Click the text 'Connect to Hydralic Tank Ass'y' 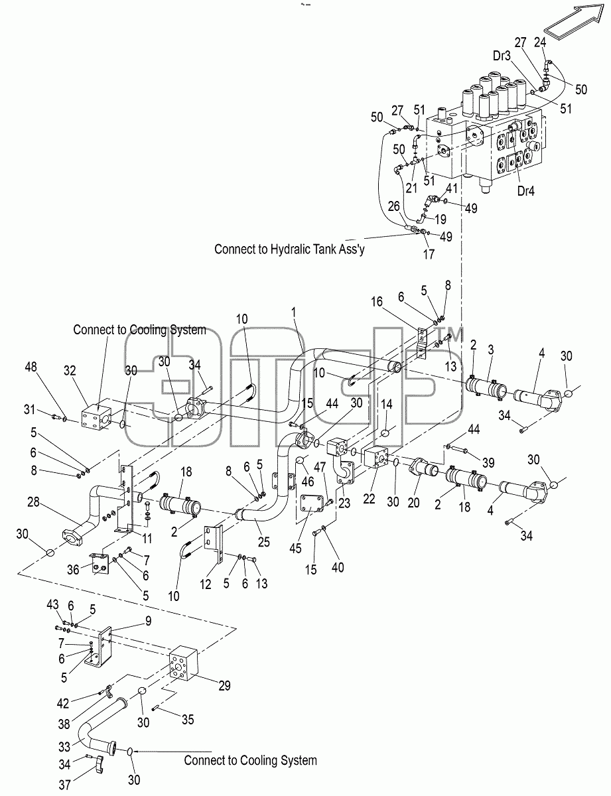(289, 249)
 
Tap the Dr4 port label (525, 191)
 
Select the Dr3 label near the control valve (502, 56)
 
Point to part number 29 (224, 685)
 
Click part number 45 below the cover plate (295, 549)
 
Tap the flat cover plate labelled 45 (312, 505)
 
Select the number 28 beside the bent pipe (33, 502)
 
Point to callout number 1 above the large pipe (293, 312)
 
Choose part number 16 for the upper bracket (377, 302)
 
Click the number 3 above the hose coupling (491, 350)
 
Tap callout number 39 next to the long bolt (488, 462)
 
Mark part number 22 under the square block (369, 499)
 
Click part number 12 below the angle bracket (206, 584)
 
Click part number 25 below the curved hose (264, 542)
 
